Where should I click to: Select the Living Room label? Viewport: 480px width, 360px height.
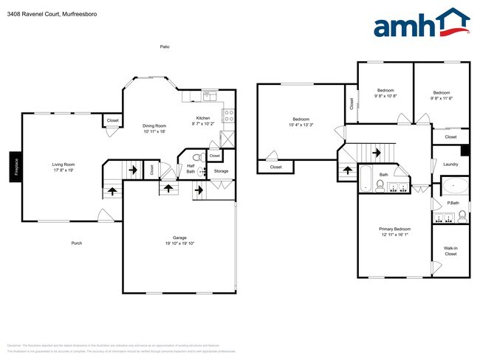[x=63, y=167]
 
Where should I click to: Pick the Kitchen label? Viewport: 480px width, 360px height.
[x=203, y=120]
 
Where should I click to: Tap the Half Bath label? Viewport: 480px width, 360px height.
[x=190, y=168]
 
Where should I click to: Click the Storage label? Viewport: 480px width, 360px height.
[x=221, y=171]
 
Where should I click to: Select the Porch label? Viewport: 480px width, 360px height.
[x=77, y=243]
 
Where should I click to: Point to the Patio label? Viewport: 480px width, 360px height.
[x=165, y=46]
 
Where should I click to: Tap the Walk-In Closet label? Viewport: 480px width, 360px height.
[x=450, y=251]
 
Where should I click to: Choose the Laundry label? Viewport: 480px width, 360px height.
[x=450, y=164]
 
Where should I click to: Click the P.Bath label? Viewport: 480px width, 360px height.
[x=453, y=203]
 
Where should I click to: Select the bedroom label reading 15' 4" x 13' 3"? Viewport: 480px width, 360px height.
[x=301, y=122]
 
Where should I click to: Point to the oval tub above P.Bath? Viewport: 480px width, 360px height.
[x=453, y=186]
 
